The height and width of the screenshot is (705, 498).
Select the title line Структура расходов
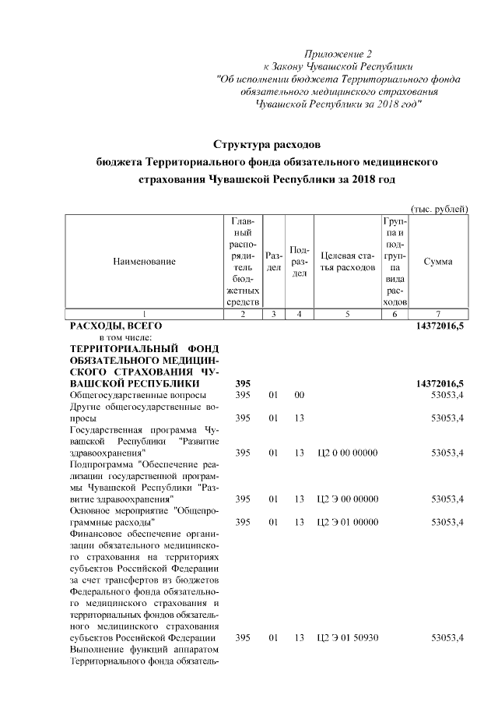pyautogui.click(x=267, y=144)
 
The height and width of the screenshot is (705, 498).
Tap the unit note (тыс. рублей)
pyautogui.click(x=439, y=209)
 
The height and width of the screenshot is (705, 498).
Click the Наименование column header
pyautogui.click(x=144, y=262)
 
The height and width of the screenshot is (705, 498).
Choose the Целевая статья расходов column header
pyautogui.click(x=347, y=262)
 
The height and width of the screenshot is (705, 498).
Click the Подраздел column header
pyautogui.click(x=300, y=262)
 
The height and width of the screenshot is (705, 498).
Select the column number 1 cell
pyautogui.click(x=144, y=313)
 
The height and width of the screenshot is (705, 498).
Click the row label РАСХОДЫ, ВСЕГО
pyautogui.click(x=116, y=326)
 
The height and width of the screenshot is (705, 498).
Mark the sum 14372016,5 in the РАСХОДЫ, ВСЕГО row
pyautogui.click(x=438, y=326)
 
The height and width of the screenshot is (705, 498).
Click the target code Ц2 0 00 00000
pyautogui.click(x=347, y=453)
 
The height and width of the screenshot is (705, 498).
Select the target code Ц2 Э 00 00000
pyautogui.click(x=347, y=499)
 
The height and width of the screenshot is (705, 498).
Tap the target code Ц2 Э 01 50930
pyautogui.click(x=347, y=638)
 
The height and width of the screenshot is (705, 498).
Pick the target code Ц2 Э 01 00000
pyautogui.click(x=347, y=522)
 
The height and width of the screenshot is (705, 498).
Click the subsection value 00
pyautogui.click(x=299, y=396)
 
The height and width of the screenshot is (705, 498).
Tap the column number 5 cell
pyautogui.click(x=347, y=313)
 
